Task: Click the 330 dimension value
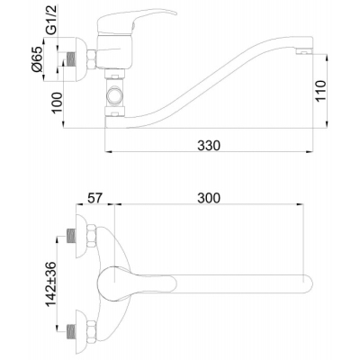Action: coord(209,146)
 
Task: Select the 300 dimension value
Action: coord(209,198)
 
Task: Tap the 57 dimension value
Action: coord(94,198)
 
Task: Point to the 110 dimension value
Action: coord(320,91)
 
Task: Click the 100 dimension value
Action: coord(57,103)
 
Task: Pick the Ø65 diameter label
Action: coord(38,58)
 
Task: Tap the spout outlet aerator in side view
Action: coord(304,52)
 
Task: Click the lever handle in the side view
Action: coord(136,22)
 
